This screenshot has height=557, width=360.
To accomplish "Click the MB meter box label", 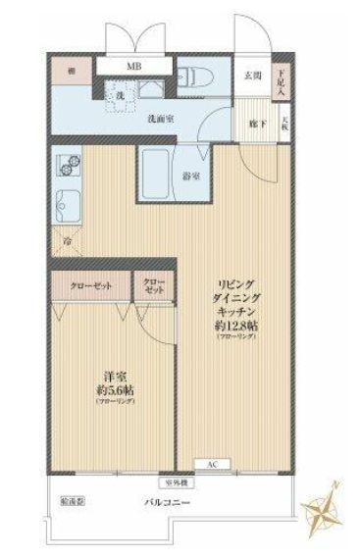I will pyautogui.click(x=132, y=67).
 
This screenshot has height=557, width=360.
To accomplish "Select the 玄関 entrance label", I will pyautogui.click(x=252, y=76).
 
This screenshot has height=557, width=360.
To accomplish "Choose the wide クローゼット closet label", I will pyautogui.click(x=90, y=285).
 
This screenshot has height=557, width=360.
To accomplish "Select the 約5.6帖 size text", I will pyautogui.click(x=115, y=388).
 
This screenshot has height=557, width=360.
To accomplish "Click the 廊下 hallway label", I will pyautogui.click(x=253, y=126).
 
